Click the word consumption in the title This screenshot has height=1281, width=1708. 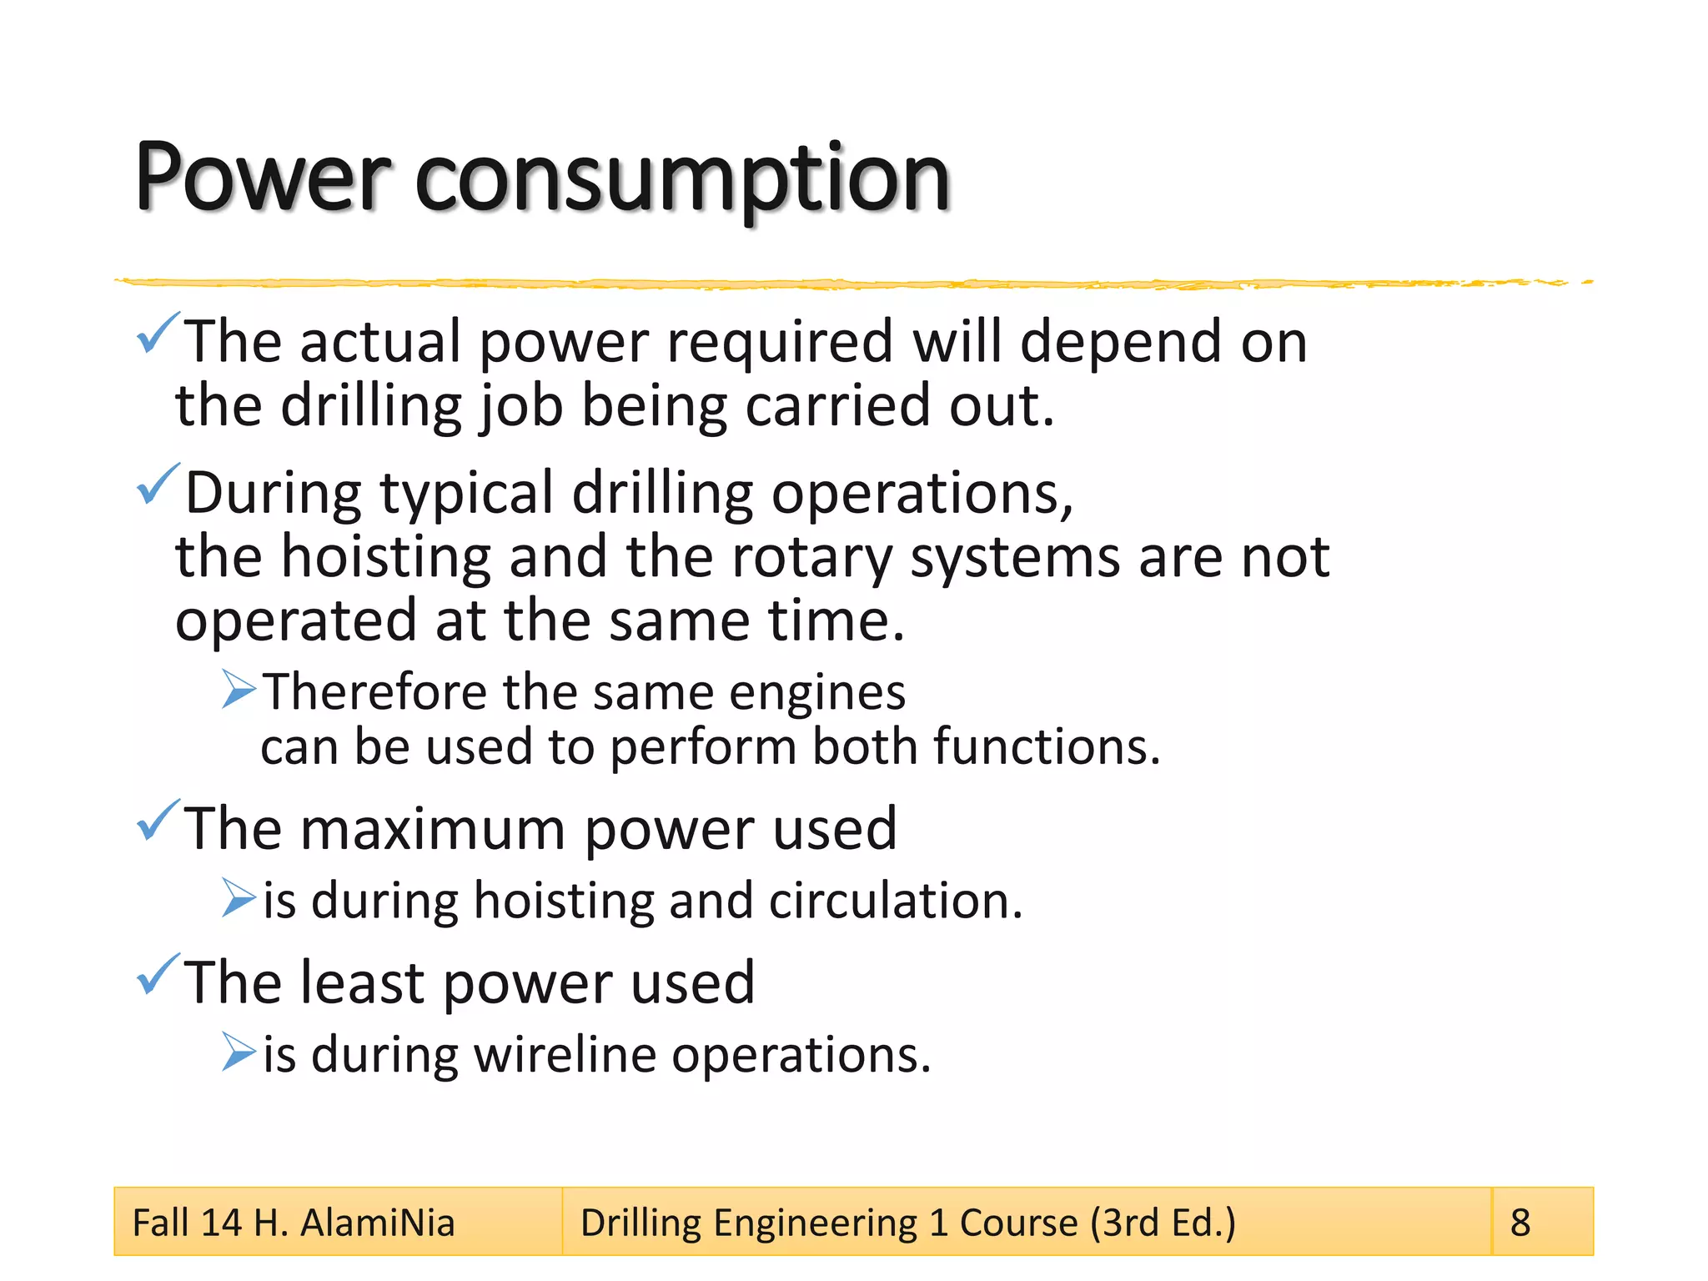pyautogui.click(x=682, y=179)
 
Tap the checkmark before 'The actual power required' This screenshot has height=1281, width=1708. pyautogui.click(x=157, y=333)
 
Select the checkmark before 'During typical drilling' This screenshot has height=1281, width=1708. pyautogui.click(x=157, y=485)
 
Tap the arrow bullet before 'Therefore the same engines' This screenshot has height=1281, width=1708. pyautogui.click(x=239, y=689)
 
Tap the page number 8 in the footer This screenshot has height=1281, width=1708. pyautogui.click(x=1520, y=1223)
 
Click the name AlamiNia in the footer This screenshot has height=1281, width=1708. pyautogui.click(x=378, y=1223)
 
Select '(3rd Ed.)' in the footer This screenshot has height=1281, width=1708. pyautogui.click(x=1163, y=1223)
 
